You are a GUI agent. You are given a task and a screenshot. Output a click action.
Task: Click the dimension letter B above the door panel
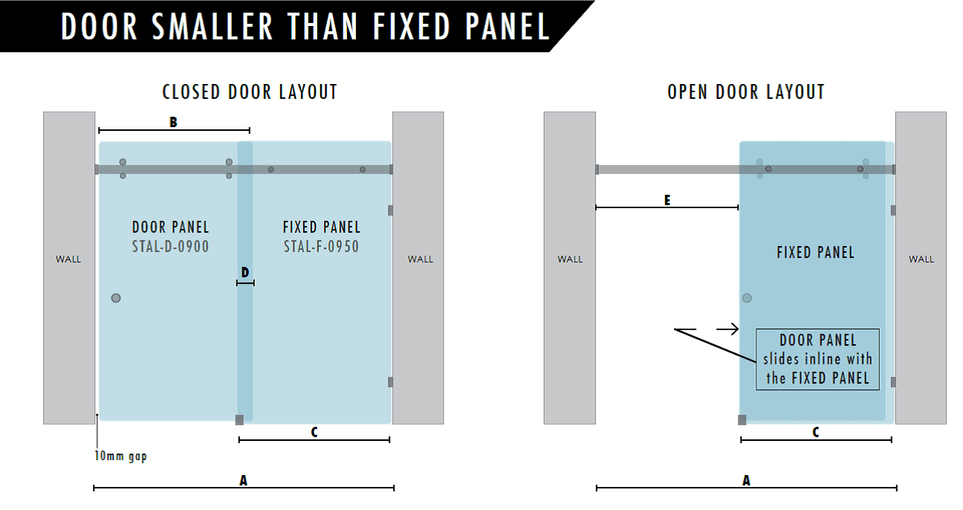click(173, 122)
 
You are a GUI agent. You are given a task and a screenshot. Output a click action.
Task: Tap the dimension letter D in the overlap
click(245, 272)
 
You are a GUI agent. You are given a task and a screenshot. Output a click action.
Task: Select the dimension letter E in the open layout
click(667, 200)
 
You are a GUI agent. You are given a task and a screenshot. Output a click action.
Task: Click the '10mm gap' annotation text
click(121, 456)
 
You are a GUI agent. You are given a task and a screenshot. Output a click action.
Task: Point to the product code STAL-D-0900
click(171, 246)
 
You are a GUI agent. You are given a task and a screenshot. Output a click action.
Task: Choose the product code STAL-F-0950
click(321, 246)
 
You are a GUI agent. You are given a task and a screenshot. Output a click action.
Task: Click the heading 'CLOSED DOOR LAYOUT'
click(250, 92)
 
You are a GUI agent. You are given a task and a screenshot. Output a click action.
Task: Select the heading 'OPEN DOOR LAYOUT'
click(746, 92)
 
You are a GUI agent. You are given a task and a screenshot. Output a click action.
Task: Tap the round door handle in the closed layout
click(116, 298)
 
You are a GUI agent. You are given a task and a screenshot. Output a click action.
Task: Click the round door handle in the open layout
click(748, 298)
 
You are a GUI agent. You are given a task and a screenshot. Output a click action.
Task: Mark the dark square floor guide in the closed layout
click(239, 420)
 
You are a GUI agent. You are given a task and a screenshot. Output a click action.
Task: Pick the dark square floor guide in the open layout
click(742, 420)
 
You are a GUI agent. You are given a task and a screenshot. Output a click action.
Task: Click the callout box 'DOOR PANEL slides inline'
click(817, 360)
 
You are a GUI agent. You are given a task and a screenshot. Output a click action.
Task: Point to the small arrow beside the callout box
click(727, 329)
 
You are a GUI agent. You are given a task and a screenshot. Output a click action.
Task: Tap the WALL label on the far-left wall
click(68, 259)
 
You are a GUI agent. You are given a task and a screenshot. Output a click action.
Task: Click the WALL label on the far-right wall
click(921, 259)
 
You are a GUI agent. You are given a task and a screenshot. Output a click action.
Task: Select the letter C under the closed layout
click(314, 432)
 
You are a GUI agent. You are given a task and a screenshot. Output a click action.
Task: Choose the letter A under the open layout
click(746, 480)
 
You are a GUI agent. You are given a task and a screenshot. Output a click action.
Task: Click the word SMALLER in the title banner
click(213, 27)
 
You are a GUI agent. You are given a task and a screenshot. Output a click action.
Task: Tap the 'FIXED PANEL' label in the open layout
click(816, 253)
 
